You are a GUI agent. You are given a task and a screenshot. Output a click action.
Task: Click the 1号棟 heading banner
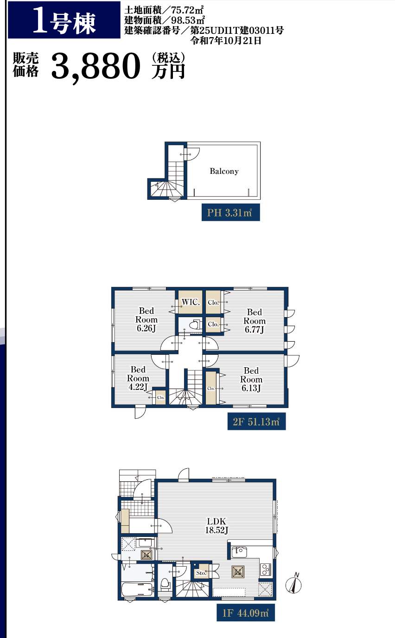tap(64, 20)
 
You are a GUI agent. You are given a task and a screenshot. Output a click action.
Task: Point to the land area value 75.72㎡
tap(187, 10)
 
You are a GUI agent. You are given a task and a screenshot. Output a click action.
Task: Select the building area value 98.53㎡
tap(188, 20)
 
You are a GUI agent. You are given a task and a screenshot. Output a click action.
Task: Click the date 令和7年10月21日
tap(226, 40)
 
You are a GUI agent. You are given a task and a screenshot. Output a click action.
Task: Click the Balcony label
tap(224, 171)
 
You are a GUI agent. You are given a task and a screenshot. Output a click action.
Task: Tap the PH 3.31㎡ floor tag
tap(231, 212)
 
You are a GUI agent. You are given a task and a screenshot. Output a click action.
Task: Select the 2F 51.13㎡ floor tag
tap(256, 421)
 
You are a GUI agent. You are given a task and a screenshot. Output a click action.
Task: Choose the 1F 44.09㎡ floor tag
tap(246, 613)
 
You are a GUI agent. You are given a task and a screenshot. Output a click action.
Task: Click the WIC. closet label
tap(191, 302)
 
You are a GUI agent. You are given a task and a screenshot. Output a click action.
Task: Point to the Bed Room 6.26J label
tap(147, 319)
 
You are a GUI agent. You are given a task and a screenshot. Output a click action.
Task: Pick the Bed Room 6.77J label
tap(255, 321)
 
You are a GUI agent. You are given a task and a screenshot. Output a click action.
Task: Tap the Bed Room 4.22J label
tap(138, 378)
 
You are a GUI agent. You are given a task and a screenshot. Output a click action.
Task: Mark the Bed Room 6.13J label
tap(251, 379)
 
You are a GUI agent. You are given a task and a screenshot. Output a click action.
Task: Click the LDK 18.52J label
tap(217, 525)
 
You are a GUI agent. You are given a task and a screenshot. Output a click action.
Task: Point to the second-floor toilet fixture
tap(194, 325)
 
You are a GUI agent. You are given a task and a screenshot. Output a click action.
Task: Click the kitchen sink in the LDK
tap(239, 552)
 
